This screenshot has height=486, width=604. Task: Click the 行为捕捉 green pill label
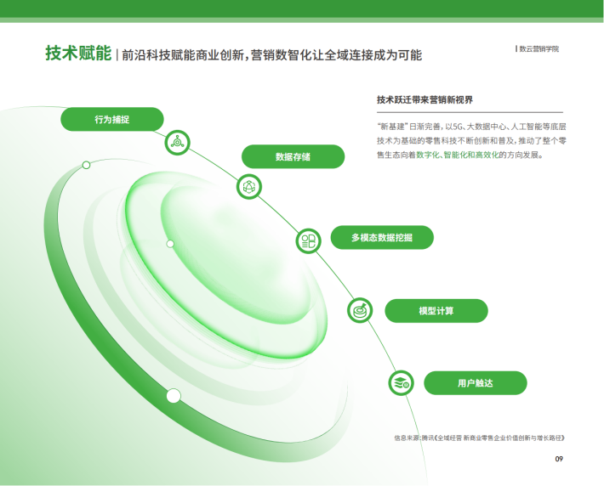(x=112, y=119)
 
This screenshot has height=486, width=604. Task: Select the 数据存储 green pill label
(x=293, y=156)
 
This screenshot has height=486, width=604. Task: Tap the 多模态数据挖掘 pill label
(x=382, y=237)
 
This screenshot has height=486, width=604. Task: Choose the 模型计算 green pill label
(x=436, y=310)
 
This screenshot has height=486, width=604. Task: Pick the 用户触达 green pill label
(x=476, y=383)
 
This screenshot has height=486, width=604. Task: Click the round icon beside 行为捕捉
(x=177, y=143)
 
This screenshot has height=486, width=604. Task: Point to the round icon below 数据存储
(x=249, y=187)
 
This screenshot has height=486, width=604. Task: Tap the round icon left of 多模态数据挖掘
(x=308, y=241)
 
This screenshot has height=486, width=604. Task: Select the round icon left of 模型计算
(x=360, y=310)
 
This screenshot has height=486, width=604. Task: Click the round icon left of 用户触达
(x=401, y=383)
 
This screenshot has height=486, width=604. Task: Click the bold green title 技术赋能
(x=78, y=53)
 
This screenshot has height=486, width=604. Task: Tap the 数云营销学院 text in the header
(x=538, y=49)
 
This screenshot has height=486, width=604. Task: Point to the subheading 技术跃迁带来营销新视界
(x=425, y=100)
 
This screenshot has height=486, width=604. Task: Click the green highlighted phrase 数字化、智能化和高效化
(x=457, y=155)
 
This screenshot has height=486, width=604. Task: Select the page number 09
(x=559, y=459)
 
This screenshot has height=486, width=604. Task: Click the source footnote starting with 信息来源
(x=479, y=438)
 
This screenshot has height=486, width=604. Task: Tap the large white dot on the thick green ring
(x=174, y=396)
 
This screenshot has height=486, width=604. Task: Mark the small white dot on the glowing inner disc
(x=170, y=244)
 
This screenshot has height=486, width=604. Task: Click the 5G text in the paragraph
(x=457, y=127)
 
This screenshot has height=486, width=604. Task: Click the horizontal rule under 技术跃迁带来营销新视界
(x=470, y=112)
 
